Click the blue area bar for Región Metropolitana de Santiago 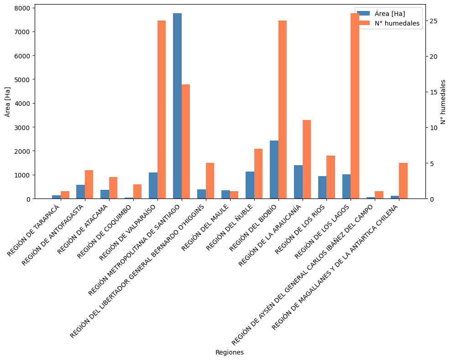pos(177,106)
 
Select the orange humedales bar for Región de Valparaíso pos(162,110)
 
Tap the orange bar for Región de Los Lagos pos(355,106)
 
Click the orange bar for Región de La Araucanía pos(307,159)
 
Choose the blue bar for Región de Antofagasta pos(80,192)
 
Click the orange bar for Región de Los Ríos pos(331,177)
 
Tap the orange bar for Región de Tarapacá pos(65,195)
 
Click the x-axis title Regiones pos(229,352)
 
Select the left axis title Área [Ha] pos(7,101)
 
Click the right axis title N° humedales pos(443,101)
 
